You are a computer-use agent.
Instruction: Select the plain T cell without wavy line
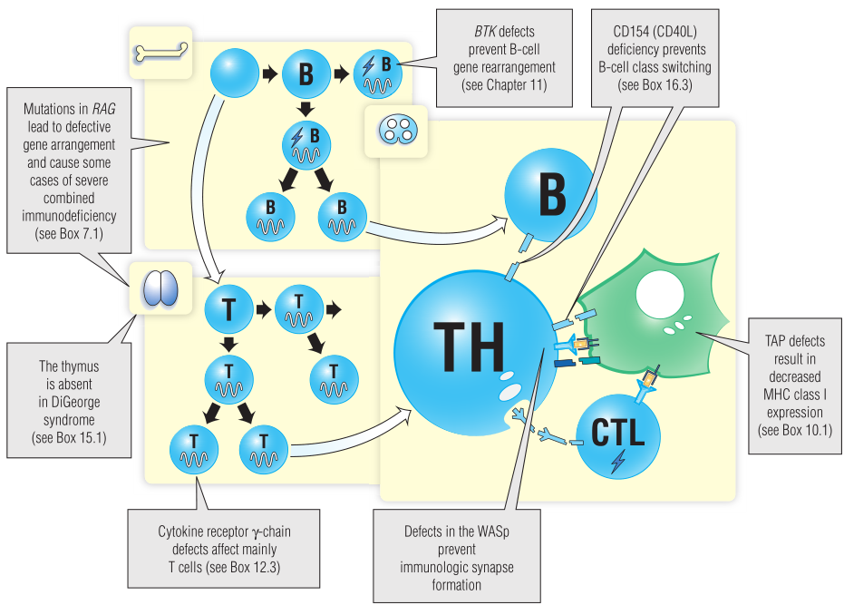coord(228,311)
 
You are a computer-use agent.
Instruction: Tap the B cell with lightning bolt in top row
coord(378,73)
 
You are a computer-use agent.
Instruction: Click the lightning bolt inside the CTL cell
coord(618,462)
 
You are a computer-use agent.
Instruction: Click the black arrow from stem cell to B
coord(268,74)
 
